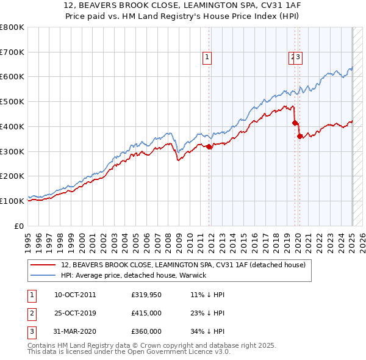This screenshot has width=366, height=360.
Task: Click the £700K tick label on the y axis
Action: pyautogui.click(x=12, y=52)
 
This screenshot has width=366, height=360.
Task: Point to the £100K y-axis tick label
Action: pyautogui.click(x=12, y=201)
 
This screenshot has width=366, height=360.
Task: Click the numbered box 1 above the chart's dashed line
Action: pyautogui.click(x=207, y=57)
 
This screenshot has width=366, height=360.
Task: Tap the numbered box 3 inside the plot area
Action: pyautogui.click(x=300, y=57)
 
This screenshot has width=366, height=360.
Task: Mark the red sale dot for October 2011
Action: pyautogui.click(x=209, y=146)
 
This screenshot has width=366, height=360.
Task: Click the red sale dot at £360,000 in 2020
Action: pyautogui.click(x=300, y=136)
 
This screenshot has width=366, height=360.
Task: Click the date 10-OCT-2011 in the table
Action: pyautogui.click(x=75, y=295)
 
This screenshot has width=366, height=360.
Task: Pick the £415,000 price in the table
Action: pyautogui.click(x=146, y=313)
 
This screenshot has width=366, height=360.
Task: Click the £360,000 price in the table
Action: pyautogui.click(x=146, y=331)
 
